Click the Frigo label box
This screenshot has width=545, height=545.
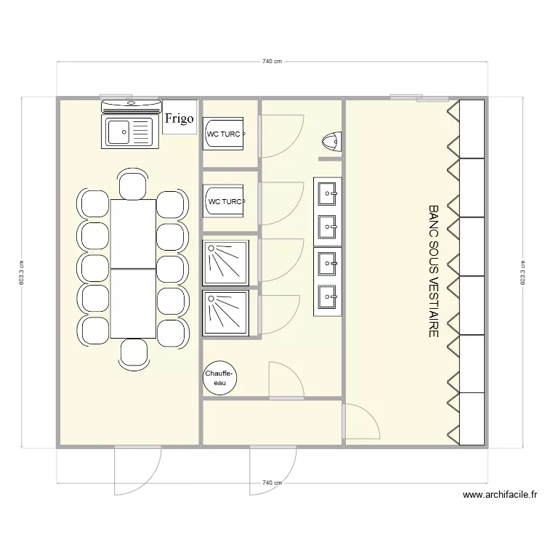tap(179, 118)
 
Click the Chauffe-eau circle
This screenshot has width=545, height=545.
tap(219, 378)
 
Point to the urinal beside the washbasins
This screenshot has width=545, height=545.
tap(331, 140)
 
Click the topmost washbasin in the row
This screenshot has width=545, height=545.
tap(328, 193)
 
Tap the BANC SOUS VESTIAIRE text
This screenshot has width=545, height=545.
tap(434, 271)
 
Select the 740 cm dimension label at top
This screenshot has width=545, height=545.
tap(272, 62)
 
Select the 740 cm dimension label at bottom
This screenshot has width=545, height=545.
tap(272, 483)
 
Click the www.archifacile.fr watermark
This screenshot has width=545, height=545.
tap(499, 496)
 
